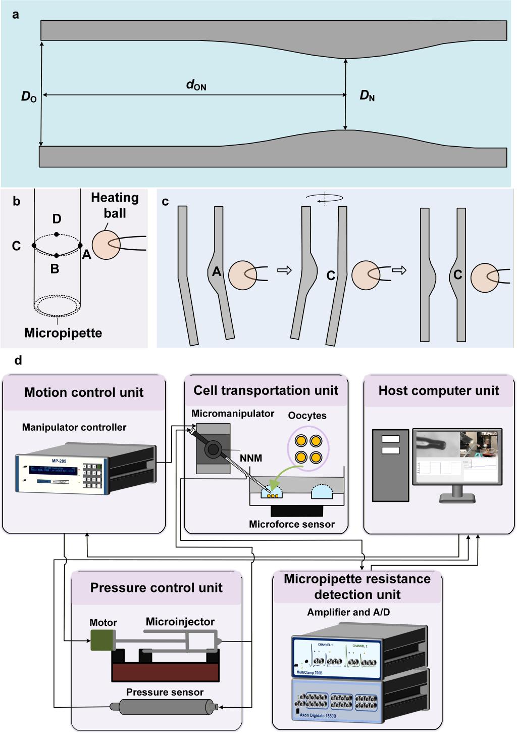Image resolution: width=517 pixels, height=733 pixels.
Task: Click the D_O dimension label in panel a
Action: (29, 97)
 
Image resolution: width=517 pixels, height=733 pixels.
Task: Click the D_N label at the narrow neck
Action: (367, 95)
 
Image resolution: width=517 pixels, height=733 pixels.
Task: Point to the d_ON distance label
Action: (196, 85)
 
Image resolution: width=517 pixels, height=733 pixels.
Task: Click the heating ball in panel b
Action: (107, 245)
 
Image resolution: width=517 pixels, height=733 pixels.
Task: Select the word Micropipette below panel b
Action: (63, 333)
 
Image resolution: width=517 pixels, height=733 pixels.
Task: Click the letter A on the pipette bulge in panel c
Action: (217, 272)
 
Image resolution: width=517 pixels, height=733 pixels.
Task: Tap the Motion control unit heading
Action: (84, 392)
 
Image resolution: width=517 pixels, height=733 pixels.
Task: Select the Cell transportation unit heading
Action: (266, 390)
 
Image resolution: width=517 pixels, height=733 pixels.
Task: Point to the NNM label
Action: (251, 458)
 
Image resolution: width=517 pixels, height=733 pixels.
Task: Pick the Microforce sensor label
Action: (291, 524)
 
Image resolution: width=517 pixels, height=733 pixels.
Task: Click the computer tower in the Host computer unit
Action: (390, 465)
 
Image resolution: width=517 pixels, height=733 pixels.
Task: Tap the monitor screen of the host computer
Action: (457, 457)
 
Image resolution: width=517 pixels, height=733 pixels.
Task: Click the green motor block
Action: (102, 640)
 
